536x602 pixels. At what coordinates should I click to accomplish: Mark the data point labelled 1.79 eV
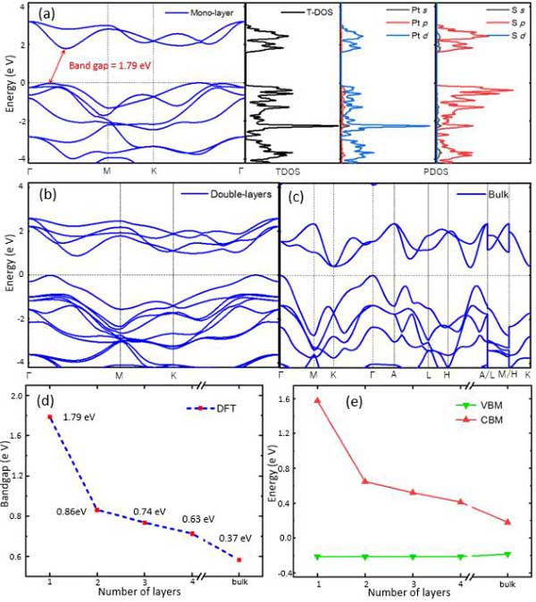(x=50, y=417)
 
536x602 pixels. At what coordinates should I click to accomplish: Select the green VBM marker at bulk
(x=507, y=554)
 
